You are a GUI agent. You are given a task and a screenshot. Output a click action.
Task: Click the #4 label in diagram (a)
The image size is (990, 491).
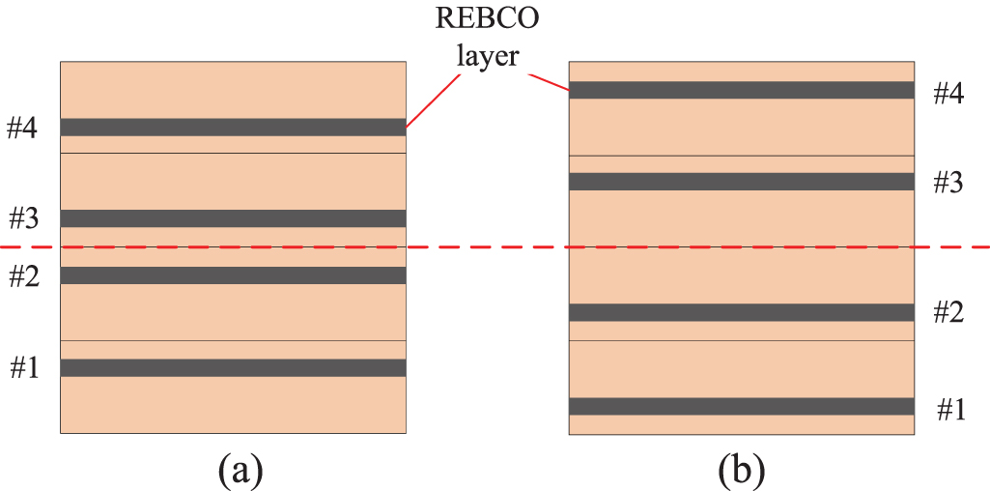coord(22,128)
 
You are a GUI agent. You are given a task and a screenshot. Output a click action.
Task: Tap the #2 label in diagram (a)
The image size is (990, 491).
coord(22,277)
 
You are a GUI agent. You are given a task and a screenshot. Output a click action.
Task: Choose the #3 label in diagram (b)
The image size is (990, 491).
coord(948,183)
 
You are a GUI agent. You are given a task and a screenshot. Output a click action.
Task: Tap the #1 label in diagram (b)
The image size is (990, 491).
coord(950,409)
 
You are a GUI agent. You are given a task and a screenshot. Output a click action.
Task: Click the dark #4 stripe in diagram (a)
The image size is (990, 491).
coord(233,127)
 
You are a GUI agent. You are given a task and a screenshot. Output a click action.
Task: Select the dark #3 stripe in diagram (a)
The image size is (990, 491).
coord(233,218)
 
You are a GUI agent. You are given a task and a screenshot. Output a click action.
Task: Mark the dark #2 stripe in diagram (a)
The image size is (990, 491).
coord(233,275)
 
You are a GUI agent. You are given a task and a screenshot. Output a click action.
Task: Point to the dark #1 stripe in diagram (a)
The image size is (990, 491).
coord(233,367)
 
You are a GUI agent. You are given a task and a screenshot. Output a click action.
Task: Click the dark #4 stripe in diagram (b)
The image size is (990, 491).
coord(741,90)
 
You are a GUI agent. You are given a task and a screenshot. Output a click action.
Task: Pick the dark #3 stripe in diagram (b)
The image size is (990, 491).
coord(741,182)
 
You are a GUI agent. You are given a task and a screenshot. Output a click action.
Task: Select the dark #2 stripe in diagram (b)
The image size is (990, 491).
coord(741,312)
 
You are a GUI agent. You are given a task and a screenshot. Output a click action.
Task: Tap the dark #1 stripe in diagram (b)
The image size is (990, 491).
coord(741,406)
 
